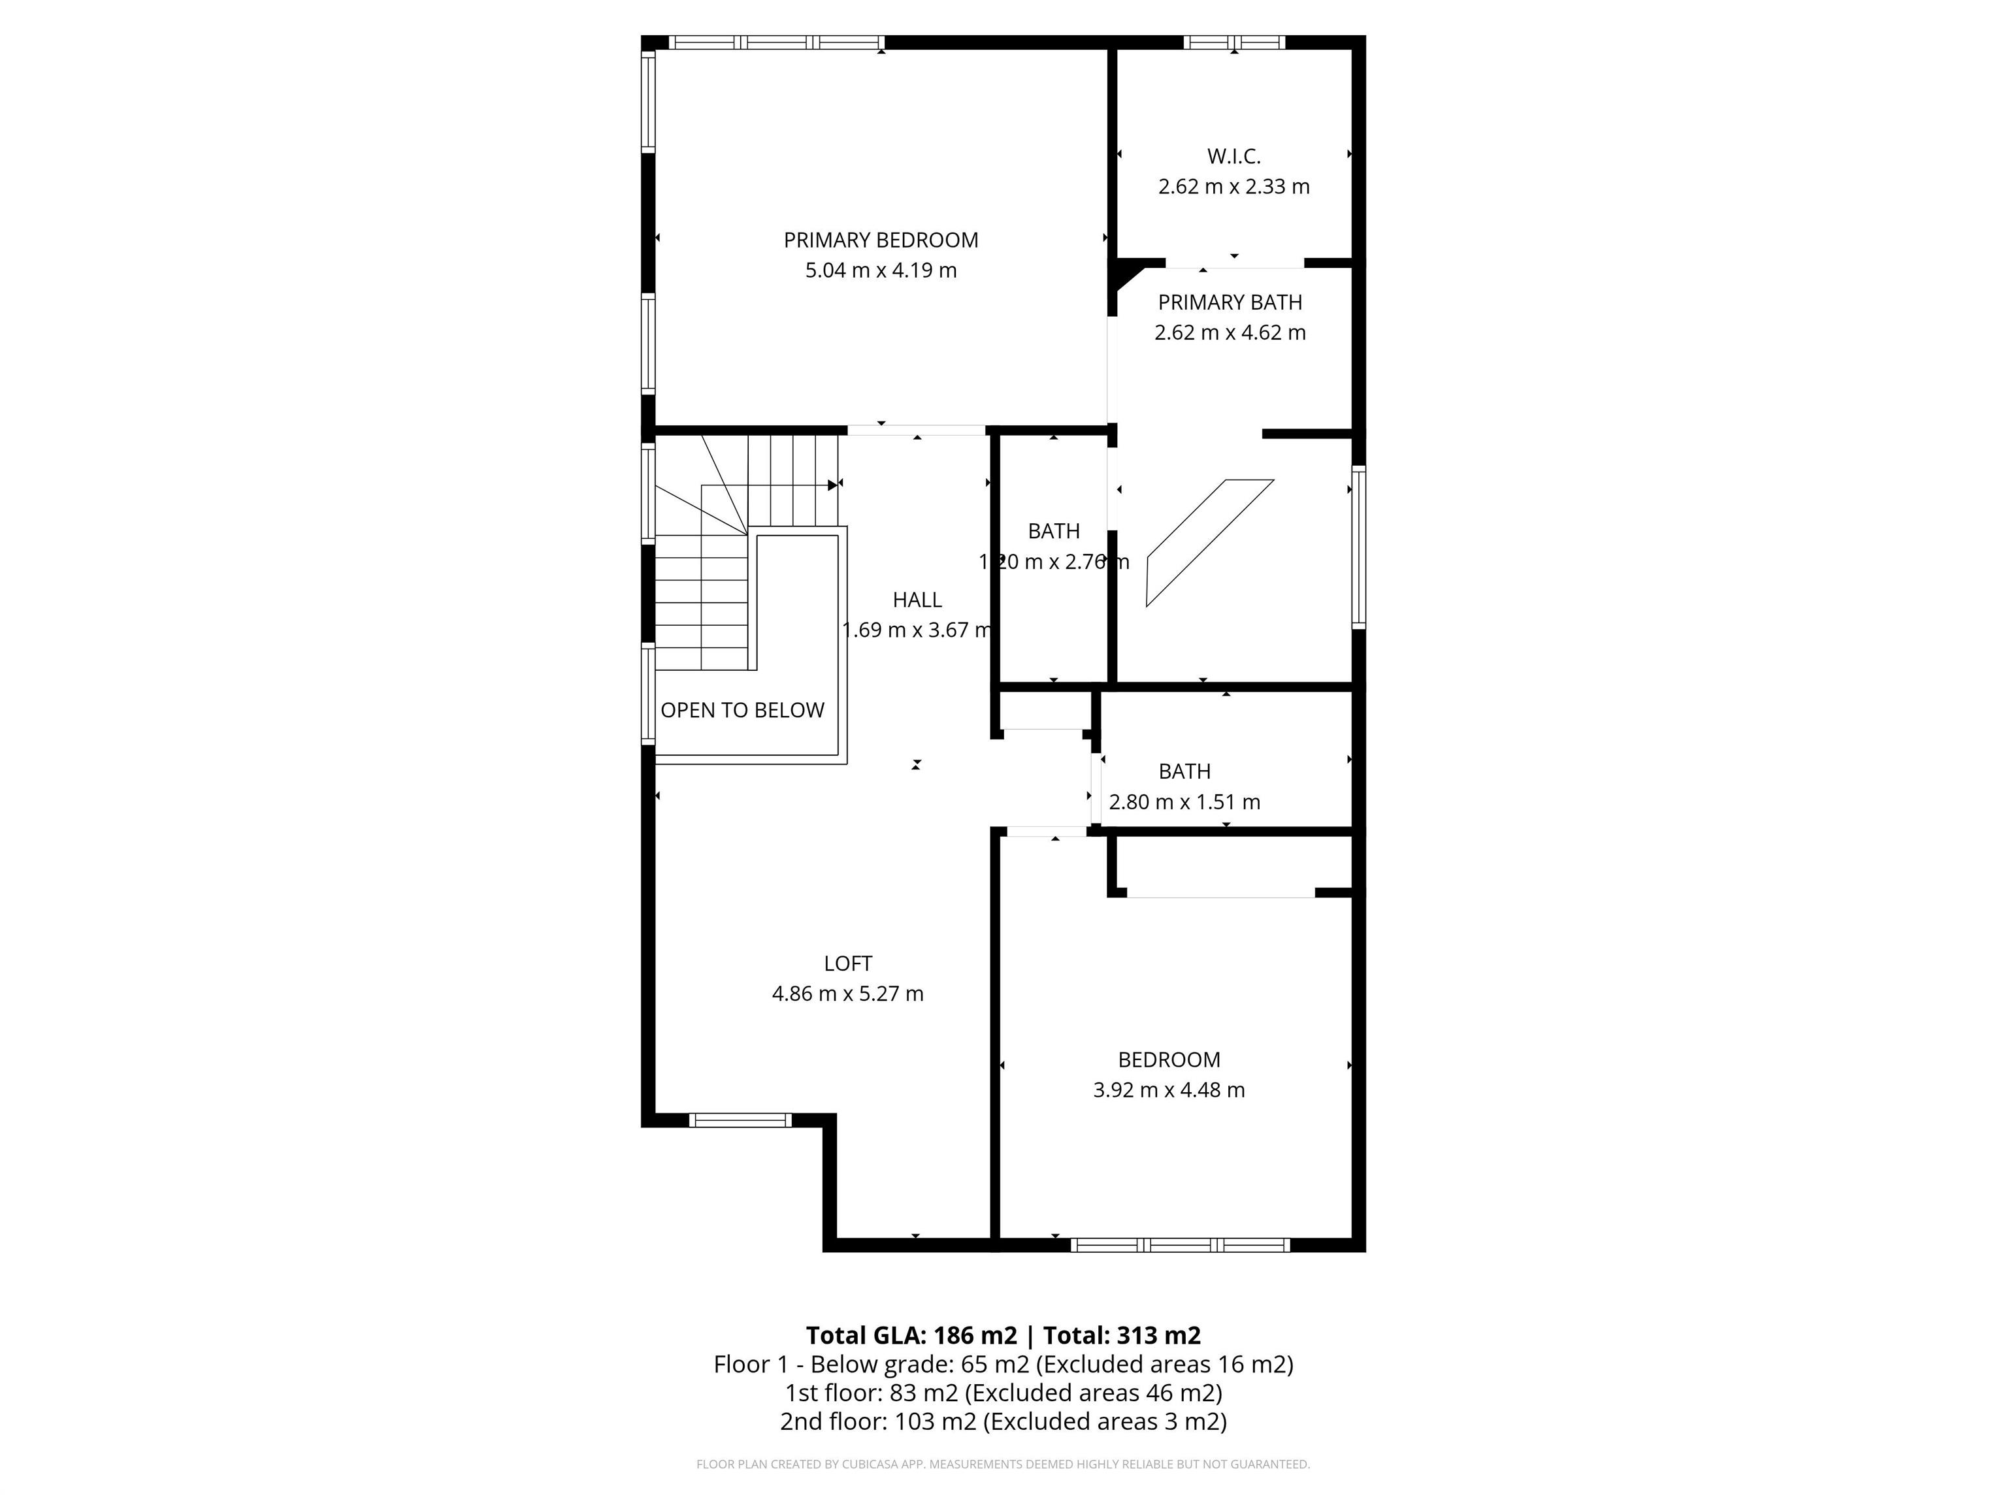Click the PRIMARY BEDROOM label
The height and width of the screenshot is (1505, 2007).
point(880,240)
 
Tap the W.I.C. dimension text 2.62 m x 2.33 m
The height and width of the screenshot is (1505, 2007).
point(1233,187)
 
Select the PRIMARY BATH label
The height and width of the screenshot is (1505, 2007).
point(1230,302)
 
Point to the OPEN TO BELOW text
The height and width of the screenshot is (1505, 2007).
point(742,710)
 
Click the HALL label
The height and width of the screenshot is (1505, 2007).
point(917,600)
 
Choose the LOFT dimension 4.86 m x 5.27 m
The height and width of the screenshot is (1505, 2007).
point(847,994)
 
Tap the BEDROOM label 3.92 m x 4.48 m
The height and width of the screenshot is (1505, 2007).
point(1169,1060)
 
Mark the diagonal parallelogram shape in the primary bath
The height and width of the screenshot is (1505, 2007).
point(1209,542)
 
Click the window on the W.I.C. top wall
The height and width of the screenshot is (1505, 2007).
point(1234,42)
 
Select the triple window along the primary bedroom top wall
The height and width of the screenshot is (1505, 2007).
point(775,42)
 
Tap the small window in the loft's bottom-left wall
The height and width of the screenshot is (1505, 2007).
point(740,1120)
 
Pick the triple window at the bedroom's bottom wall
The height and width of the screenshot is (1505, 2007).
point(1179,1246)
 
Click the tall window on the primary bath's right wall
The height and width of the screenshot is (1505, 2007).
point(1358,547)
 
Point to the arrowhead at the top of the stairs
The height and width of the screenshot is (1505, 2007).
point(833,485)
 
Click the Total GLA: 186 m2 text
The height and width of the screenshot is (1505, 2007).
point(911,1335)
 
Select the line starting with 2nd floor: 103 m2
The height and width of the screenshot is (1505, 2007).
point(1003,1421)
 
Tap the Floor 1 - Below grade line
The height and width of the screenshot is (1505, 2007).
point(1003,1365)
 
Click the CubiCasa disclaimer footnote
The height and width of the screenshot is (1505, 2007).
point(1003,1465)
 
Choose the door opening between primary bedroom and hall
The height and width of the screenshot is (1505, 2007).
point(917,430)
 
